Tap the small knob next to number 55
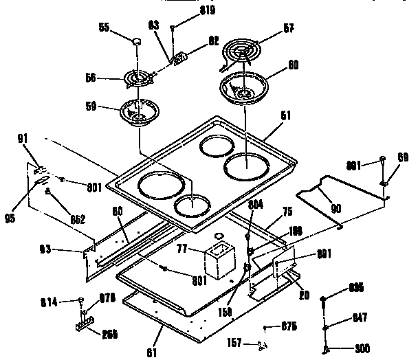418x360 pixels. point(137,42)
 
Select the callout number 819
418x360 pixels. point(188,12)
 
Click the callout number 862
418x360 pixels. point(77,219)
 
